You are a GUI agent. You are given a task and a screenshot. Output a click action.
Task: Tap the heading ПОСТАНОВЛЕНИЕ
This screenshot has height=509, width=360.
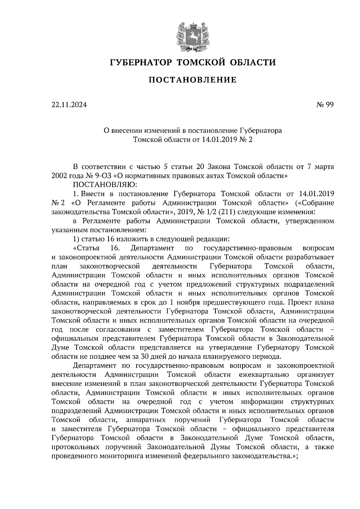(x=193, y=80)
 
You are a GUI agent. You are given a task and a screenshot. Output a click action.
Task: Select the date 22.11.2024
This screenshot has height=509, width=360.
(x=69, y=105)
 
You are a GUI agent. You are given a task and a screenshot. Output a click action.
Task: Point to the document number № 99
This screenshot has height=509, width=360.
(x=325, y=105)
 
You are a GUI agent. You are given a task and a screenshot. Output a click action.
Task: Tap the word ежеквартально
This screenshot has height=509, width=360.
(x=264, y=375)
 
